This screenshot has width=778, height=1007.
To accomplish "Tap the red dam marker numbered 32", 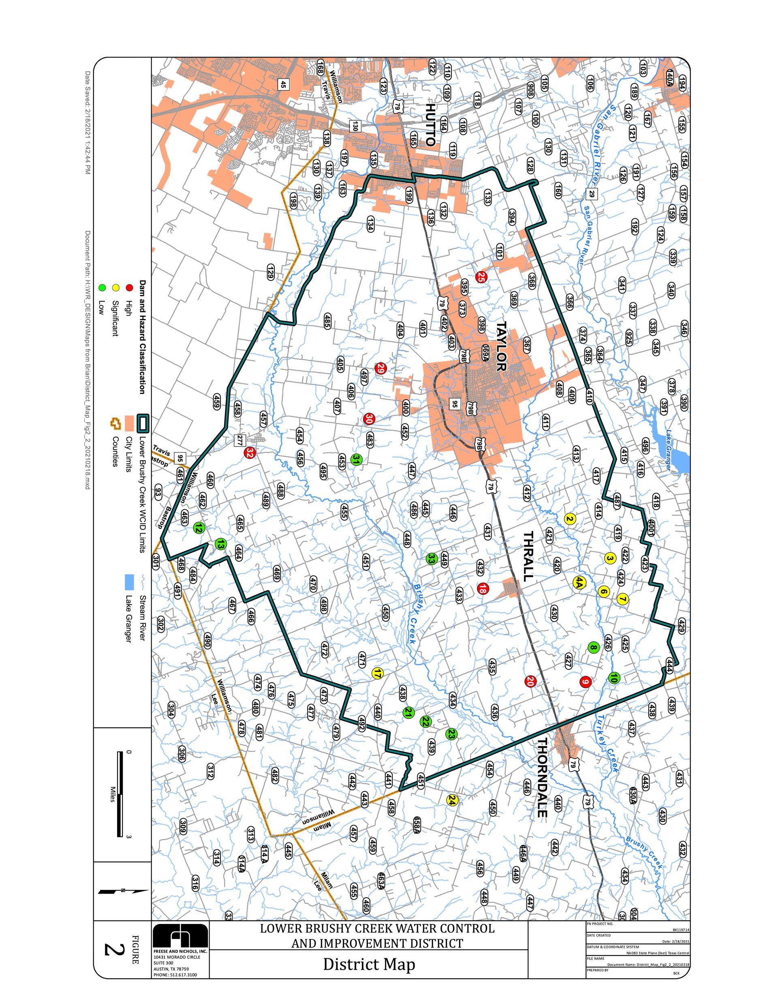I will tap(250, 452).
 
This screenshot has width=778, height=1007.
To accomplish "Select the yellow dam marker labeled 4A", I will tap(579, 583).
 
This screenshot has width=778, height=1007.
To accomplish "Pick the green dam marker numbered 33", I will tap(431, 559).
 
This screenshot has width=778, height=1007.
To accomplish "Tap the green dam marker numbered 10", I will tap(613, 678).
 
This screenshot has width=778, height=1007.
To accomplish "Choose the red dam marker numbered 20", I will tap(530, 681).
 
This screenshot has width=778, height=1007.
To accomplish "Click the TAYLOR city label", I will tap(501, 346).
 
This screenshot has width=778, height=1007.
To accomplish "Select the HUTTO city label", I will tap(430, 124).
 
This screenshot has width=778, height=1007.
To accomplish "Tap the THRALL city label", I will tap(528, 556).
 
